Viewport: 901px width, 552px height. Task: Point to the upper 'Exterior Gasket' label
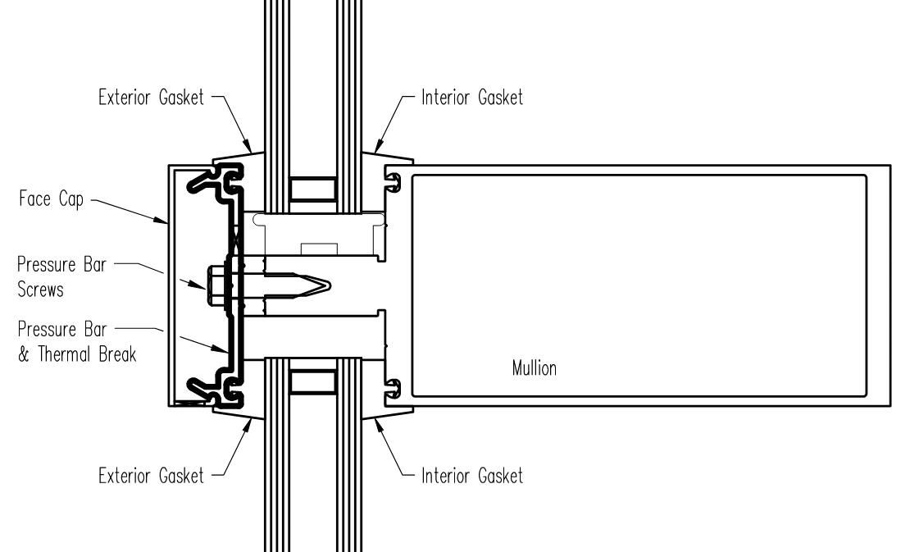pyautogui.click(x=148, y=98)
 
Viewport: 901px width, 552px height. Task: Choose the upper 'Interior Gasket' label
pyautogui.click(x=471, y=98)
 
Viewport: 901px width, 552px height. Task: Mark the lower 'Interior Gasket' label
pyautogui.click(x=471, y=476)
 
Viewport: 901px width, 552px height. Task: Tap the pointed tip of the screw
pyautogui.click(x=329, y=285)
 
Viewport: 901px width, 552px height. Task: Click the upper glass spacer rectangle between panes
pyautogui.click(x=312, y=189)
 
